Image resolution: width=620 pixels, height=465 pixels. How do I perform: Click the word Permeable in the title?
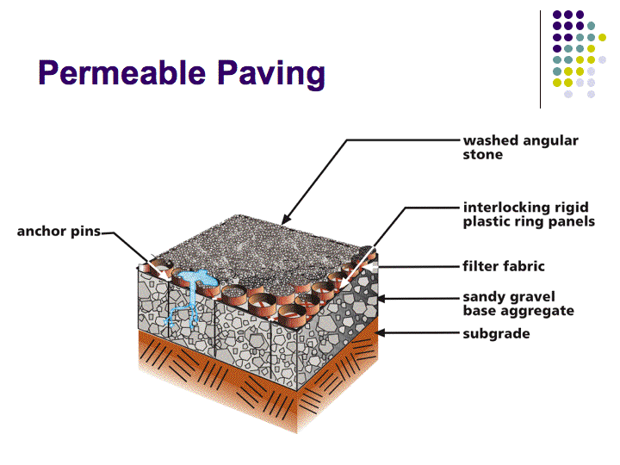(x=121, y=72)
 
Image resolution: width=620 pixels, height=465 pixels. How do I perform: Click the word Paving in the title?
(x=271, y=75)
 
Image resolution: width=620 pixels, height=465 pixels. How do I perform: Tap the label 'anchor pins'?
(x=59, y=232)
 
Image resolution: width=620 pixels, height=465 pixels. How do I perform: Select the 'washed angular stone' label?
(x=521, y=147)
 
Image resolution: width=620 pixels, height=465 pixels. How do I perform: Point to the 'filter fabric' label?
(x=504, y=266)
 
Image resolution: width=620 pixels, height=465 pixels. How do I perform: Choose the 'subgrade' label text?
(x=496, y=334)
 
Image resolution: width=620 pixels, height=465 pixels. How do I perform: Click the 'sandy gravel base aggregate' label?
(x=518, y=304)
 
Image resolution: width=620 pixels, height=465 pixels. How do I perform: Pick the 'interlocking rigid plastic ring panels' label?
(x=529, y=214)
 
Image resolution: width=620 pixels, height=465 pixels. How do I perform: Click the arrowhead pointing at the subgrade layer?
(x=381, y=333)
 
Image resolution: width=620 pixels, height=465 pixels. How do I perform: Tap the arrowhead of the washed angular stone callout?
(x=286, y=220)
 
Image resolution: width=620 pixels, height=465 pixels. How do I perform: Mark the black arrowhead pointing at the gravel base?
(x=381, y=299)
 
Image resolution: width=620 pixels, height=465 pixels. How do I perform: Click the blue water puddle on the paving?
(x=197, y=278)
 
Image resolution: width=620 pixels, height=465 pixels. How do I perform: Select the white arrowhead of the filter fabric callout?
(x=369, y=267)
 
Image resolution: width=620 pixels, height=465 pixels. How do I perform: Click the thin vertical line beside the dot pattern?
(x=540, y=59)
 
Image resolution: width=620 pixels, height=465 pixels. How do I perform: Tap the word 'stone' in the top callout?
(x=483, y=155)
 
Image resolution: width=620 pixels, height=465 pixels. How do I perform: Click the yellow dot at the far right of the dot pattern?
(x=602, y=38)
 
